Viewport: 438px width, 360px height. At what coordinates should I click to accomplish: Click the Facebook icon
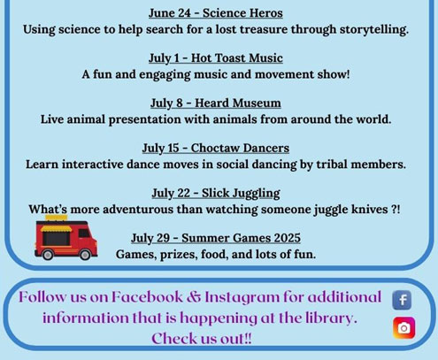click(x=402, y=300)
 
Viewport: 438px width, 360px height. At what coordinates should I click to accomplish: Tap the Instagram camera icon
click(x=403, y=328)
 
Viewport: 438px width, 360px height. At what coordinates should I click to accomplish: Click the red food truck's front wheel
click(x=85, y=255)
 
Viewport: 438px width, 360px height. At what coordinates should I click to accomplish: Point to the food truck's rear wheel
click(x=48, y=255)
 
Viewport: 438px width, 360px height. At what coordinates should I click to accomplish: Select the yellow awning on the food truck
click(x=56, y=228)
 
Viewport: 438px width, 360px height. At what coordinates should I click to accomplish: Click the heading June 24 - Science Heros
click(x=216, y=13)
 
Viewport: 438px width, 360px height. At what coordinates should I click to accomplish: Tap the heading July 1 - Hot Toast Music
click(x=216, y=58)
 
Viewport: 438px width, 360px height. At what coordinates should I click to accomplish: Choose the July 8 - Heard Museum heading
click(x=216, y=103)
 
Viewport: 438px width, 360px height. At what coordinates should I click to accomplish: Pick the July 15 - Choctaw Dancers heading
click(x=216, y=148)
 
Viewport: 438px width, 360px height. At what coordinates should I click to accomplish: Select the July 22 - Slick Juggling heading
click(x=216, y=194)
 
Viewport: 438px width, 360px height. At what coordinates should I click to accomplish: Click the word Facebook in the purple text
click(x=147, y=297)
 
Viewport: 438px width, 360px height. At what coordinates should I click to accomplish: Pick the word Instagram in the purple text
click(x=242, y=297)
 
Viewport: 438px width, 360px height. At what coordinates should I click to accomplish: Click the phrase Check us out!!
click(x=202, y=339)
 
